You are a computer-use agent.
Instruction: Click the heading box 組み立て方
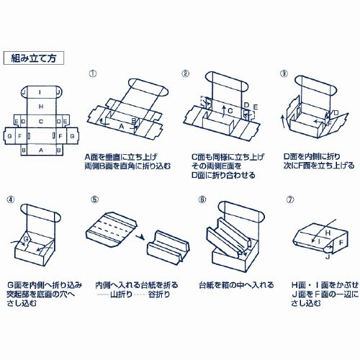pos(34,58)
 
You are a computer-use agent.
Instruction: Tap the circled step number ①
pos(93,73)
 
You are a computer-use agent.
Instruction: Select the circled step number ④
pos(11,199)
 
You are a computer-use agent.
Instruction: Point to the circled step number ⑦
pos(290,199)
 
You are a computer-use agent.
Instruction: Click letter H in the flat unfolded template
pos(41,107)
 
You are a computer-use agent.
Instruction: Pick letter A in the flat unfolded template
pos(41,150)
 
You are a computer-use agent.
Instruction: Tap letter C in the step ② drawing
pos(230,111)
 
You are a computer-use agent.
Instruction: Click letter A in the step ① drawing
pos(122,126)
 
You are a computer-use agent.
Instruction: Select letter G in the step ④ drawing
pos(27,239)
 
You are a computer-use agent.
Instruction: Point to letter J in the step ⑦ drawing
pos(328,257)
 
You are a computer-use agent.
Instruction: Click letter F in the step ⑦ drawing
pos(341,243)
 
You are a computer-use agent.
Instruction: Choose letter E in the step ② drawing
pos(255,107)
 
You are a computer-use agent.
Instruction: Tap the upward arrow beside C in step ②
pos(223,112)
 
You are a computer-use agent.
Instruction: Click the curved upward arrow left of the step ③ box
pos(284,123)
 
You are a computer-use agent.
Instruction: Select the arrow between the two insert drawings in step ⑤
pos(140,237)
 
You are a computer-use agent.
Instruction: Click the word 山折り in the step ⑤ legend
pos(121,294)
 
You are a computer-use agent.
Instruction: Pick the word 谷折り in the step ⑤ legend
pos(159,294)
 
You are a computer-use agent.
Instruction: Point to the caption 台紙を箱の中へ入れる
pos(236,285)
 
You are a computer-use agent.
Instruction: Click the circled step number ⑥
pos(202,199)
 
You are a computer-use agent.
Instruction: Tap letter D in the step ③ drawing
pos(336,112)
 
